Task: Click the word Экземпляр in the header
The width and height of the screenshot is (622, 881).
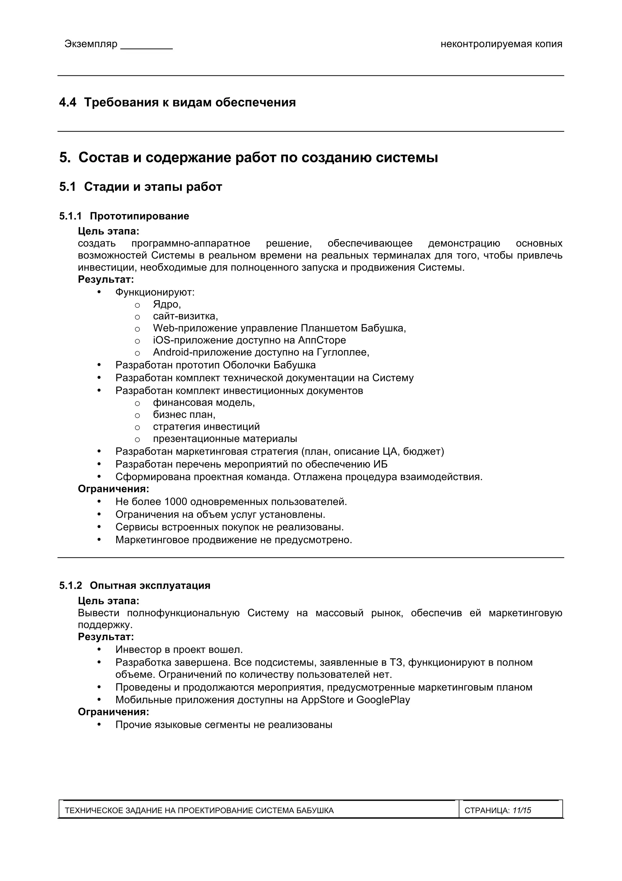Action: [91, 44]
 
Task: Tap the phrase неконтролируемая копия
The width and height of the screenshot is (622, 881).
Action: [501, 44]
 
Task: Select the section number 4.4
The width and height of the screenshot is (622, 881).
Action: [67, 102]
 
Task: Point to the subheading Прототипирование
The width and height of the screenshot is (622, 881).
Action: [139, 216]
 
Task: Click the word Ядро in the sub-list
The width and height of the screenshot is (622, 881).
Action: [166, 304]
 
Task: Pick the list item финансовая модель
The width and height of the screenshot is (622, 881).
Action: [203, 403]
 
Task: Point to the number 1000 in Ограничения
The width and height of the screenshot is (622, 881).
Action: [176, 502]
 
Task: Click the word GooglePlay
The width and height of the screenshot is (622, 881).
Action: [383, 700]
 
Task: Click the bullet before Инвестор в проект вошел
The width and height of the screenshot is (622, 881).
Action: [99, 650]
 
